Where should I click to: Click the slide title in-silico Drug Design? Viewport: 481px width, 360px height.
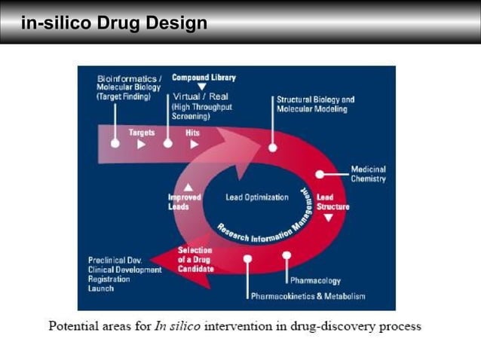click(x=114, y=23)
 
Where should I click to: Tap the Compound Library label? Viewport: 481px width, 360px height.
click(x=204, y=78)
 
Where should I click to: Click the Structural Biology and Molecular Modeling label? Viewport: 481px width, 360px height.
click(x=315, y=104)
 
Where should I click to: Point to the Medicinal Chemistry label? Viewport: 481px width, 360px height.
click(x=368, y=174)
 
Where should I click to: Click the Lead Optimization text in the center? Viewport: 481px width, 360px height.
click(x=257, y=198)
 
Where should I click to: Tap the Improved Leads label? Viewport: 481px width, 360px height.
click(x=184, y=202)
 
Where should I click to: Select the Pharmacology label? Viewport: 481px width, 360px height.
click(x=315, y=281)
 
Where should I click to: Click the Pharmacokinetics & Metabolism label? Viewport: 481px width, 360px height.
click(x=308, y=296)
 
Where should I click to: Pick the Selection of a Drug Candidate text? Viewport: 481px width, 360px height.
click(x=195, y=259)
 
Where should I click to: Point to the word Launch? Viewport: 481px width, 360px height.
click(x=101, y=288)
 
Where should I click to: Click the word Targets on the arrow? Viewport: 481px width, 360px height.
click(x=141, y=133)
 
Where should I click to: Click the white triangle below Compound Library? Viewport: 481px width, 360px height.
click(x=201, y=87)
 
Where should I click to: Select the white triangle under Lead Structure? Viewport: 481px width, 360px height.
click(x=328, y=218)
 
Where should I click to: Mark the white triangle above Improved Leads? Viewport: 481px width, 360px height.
click(x=188, y=187)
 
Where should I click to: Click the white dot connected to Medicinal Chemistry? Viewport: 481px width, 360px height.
click(x=320, y=174)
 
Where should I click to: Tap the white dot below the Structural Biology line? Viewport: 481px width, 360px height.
click(x=273, y=148)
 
